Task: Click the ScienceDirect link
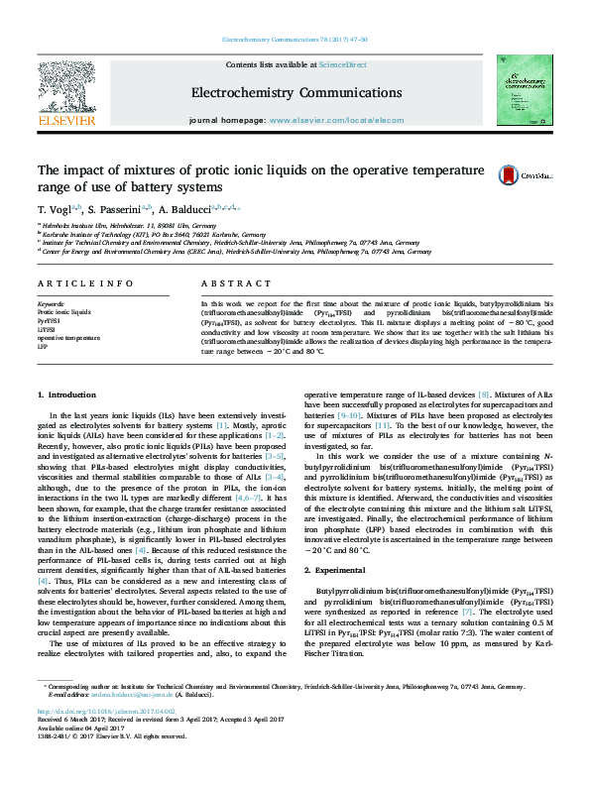click(x=342, y=64)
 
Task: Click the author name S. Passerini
click(x=113, y=210)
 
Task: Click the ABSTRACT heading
click(x=222, y=282)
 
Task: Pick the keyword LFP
click(x=43, y=347)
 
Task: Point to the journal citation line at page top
click(x=295, y=40)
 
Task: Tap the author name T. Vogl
click(x=53, y=210)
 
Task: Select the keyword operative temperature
click(x=68, y=338)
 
